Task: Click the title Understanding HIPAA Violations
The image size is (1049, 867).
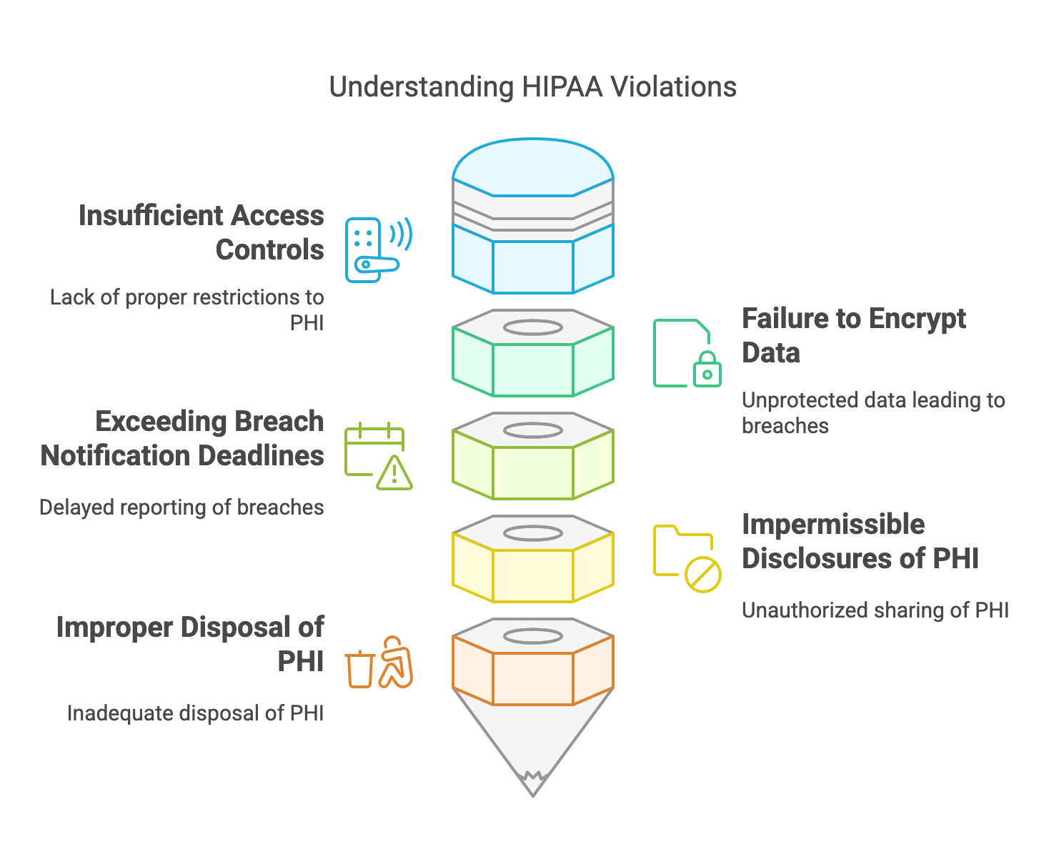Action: [x=532, y=87]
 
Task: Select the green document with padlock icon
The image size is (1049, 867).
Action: [x=687, y=353]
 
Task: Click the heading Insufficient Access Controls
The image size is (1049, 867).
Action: [x=201, y=232]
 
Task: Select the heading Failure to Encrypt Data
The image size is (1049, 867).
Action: [x=853, y=335]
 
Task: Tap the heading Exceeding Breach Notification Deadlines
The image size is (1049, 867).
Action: [x=182, y=438]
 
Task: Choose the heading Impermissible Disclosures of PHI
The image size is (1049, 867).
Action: [x=860, y=541]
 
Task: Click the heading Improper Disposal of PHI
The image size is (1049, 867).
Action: [x=190, y=644]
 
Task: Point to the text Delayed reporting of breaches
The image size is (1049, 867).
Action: [x=182, y=507]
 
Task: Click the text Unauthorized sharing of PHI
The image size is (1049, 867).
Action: [x=875, y=610]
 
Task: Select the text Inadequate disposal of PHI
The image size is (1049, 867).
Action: [x=195, y=713]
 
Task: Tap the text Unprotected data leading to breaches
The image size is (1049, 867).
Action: [x=873, y=412]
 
